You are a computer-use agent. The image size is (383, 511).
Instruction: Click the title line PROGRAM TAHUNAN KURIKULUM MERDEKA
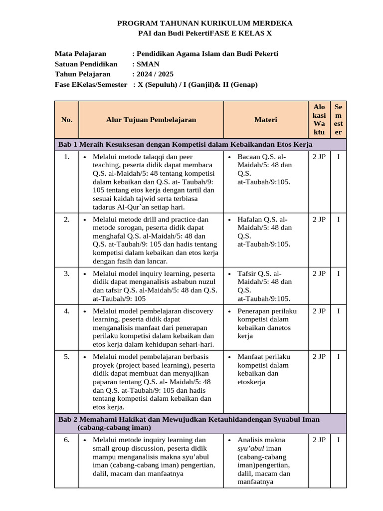click(x=204, y=23)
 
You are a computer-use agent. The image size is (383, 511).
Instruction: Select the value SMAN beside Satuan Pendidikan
click(x=149, y=64)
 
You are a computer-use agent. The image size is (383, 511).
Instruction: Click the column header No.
click(x=66, y=120)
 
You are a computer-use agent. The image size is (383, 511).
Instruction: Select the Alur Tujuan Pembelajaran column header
click(x=151, y=120)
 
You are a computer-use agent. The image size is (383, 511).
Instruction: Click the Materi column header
click(x=265, y=120)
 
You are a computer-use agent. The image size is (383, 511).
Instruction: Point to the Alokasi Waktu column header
click(x=319, y=120)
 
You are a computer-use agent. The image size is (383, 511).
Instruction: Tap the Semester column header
click(x=339, y=120)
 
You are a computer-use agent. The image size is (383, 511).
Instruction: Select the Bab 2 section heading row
click(x=190, y=423)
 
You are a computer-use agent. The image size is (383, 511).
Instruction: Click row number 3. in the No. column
click(x=66, y=273)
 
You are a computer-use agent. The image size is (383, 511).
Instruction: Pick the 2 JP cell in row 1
click(x=319, y=157)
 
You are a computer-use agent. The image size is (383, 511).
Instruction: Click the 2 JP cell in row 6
click(x=319, y=440)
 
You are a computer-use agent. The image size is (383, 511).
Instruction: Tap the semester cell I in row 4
click(x=339, y=311)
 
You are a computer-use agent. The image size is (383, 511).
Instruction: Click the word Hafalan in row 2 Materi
click(x=250, y=220)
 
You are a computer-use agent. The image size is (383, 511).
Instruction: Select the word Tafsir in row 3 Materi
click(x=247, y=273)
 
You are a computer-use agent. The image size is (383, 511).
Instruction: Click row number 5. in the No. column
click(x=66, y=357)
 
